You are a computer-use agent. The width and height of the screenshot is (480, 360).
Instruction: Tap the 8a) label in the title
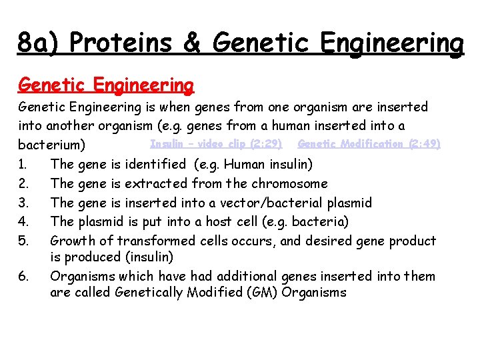[x=40, y=43]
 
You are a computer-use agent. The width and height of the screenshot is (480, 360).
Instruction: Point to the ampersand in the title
[x=192, y=43]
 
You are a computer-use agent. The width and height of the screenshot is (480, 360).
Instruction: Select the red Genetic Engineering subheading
[x=106, y=85]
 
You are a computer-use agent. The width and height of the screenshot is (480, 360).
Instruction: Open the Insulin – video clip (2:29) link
[x=216, y=143]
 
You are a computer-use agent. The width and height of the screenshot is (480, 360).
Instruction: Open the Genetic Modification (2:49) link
[x=369, y=143]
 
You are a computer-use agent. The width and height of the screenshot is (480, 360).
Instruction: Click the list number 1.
[x=25, y=164]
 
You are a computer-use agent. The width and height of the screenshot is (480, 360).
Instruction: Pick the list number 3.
[x=25, y=203]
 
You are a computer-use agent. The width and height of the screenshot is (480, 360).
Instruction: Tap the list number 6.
[x=25, y=276]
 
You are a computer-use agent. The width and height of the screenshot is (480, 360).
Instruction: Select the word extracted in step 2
[x=157, y=183]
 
